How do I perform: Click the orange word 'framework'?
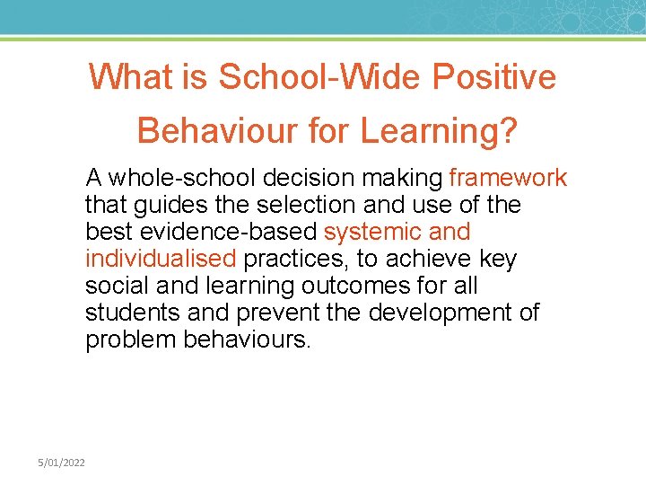coord(508,178)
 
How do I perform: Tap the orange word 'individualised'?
coord(161,260)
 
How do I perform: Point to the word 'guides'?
coord(169,205)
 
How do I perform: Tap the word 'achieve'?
coord(431,260)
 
